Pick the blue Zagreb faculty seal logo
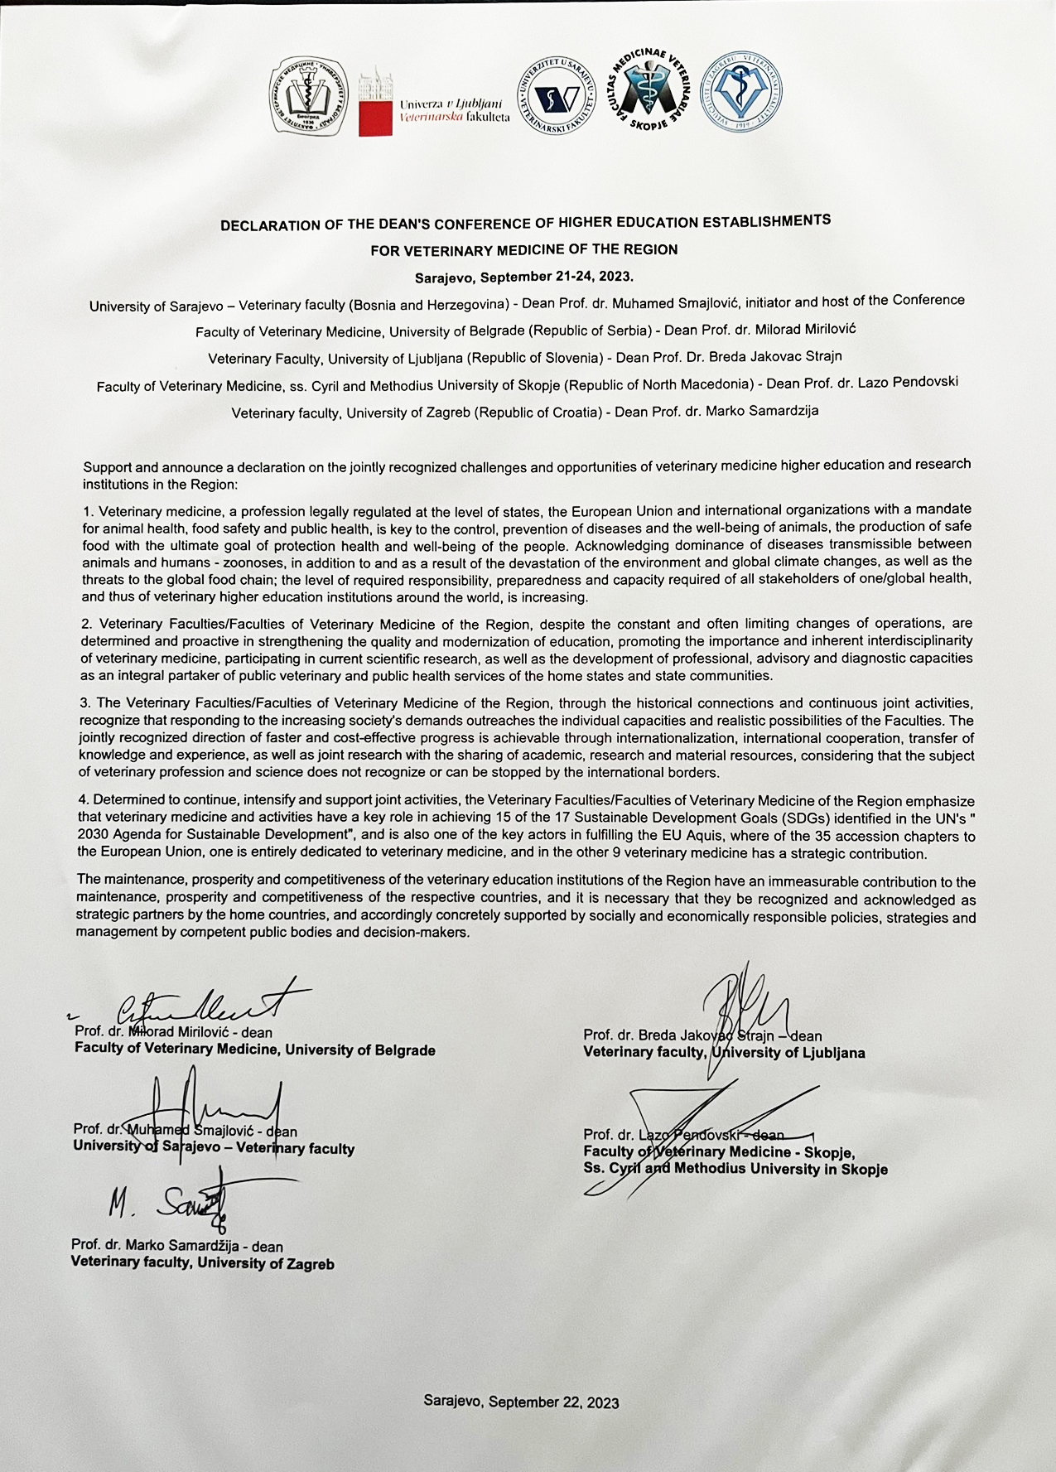pos(742,92)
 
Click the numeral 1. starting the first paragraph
pos(88,510)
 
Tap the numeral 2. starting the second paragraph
pos(86,623)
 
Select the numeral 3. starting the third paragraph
pos(86,703)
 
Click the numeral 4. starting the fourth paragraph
pos(83,800)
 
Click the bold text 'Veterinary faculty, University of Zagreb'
pos(203,1264)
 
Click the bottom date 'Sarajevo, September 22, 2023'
pos(521,1402)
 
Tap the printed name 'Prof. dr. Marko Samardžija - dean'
pos(177,1246)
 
